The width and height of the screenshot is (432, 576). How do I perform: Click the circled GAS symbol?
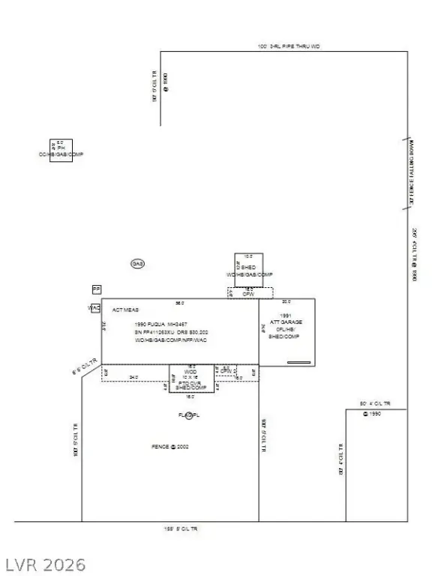[137, 264]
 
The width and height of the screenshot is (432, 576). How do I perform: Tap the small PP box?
[96, 289]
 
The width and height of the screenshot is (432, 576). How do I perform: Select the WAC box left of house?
[94, 307]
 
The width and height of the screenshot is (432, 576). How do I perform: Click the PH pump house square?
[61, 150]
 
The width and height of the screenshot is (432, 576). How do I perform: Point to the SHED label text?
[248, 268]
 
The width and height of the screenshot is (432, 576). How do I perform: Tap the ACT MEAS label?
[125, 309]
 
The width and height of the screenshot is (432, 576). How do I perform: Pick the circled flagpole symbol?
[189, 415]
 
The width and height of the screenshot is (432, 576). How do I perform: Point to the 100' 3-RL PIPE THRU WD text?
[289, 46]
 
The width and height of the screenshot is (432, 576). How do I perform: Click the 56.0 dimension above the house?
[179, 303]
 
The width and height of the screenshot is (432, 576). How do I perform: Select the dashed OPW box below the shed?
[249, 293]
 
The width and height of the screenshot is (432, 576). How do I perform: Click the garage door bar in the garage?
[298, 362]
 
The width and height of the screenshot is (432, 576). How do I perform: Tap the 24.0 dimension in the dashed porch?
[133, 377]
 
